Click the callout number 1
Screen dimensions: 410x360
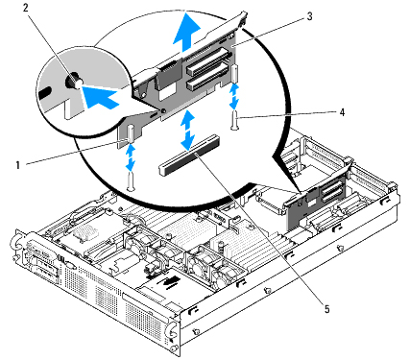(x=18, y=165)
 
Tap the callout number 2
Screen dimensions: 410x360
(x=26, y=8)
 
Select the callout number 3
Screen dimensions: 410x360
(x=309, y=16)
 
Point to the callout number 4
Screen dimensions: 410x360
(x=342, y=112)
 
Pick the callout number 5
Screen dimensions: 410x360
(x=326, y=309)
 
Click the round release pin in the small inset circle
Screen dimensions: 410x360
(x=73, y=82)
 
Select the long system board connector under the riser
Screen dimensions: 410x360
(x=189, y=156)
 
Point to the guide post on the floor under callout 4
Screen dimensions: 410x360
(x=235, y=120)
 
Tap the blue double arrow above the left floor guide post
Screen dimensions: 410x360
(x=130, y=157)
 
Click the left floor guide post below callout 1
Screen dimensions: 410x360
(x=130, y=181)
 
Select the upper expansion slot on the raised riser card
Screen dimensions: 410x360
(x=208, y=60)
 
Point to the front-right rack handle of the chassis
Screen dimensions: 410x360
(x=171, y=329)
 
